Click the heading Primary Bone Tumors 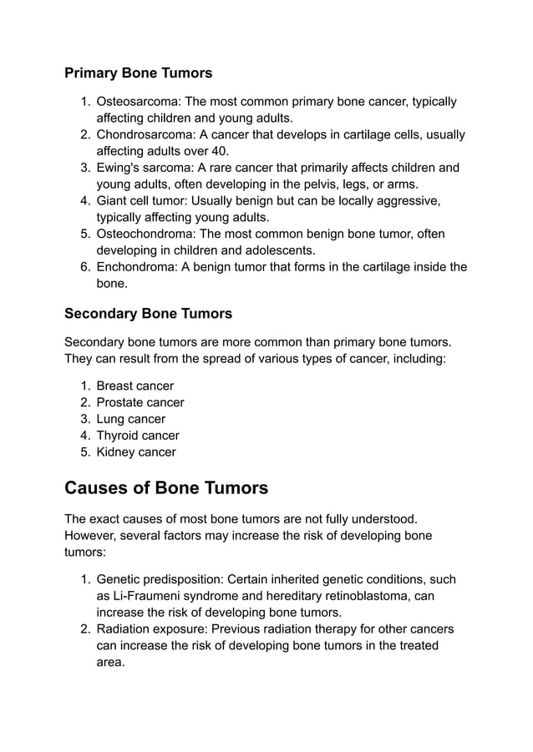pos(138,73)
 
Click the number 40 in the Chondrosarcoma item pos(219,151)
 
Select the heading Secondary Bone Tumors pos(148,314)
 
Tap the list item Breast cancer pos(135,386)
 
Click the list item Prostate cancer pos(140,402)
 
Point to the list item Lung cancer pos(131,419)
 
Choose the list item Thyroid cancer pos(138,436)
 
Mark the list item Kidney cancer pos(136,452)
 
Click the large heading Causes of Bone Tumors pos(166,487)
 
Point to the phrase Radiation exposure pos(149,629)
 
